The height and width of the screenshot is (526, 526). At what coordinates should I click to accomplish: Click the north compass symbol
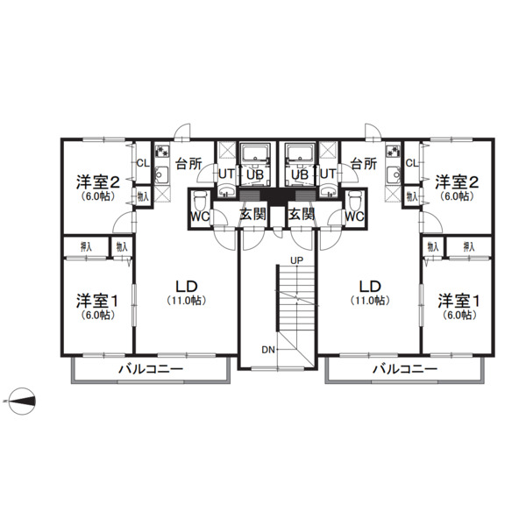click(22, 401)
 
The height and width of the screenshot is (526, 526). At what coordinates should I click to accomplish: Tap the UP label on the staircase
click(296, 260)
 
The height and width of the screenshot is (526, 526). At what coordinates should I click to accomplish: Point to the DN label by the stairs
click(268, 350)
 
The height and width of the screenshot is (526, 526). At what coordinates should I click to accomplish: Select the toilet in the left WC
click(200, 200)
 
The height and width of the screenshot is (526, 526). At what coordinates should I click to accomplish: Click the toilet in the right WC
click(354, 200)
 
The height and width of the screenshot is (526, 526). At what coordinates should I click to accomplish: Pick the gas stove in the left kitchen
click(162, 152)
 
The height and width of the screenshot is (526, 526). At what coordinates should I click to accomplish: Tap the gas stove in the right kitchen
click(393, 152)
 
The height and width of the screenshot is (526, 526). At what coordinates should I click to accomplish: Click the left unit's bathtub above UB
click(255, 153)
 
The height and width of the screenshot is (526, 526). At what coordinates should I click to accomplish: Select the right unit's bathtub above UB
click(300, 153)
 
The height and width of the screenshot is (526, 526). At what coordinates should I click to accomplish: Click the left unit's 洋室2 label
click(97, 181)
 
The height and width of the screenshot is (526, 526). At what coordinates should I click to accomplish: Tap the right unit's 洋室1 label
click(458, 301)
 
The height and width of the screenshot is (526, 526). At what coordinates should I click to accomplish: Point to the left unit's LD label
click(187, 287)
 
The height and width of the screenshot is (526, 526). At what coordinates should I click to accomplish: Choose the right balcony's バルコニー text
click(405, 369)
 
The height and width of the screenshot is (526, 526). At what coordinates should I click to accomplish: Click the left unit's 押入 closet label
click(86, 247)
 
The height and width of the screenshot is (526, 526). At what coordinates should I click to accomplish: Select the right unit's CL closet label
click(412, 163)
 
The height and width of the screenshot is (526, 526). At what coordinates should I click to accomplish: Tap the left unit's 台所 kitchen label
click(189, 164)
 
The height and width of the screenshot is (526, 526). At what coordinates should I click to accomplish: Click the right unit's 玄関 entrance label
click(302, 214)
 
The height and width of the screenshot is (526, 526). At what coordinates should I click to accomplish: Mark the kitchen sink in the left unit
click(162, 174)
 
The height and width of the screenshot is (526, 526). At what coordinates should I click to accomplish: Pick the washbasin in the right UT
click(329, 192)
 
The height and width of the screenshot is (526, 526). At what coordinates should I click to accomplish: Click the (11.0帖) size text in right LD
click(370, 300)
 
